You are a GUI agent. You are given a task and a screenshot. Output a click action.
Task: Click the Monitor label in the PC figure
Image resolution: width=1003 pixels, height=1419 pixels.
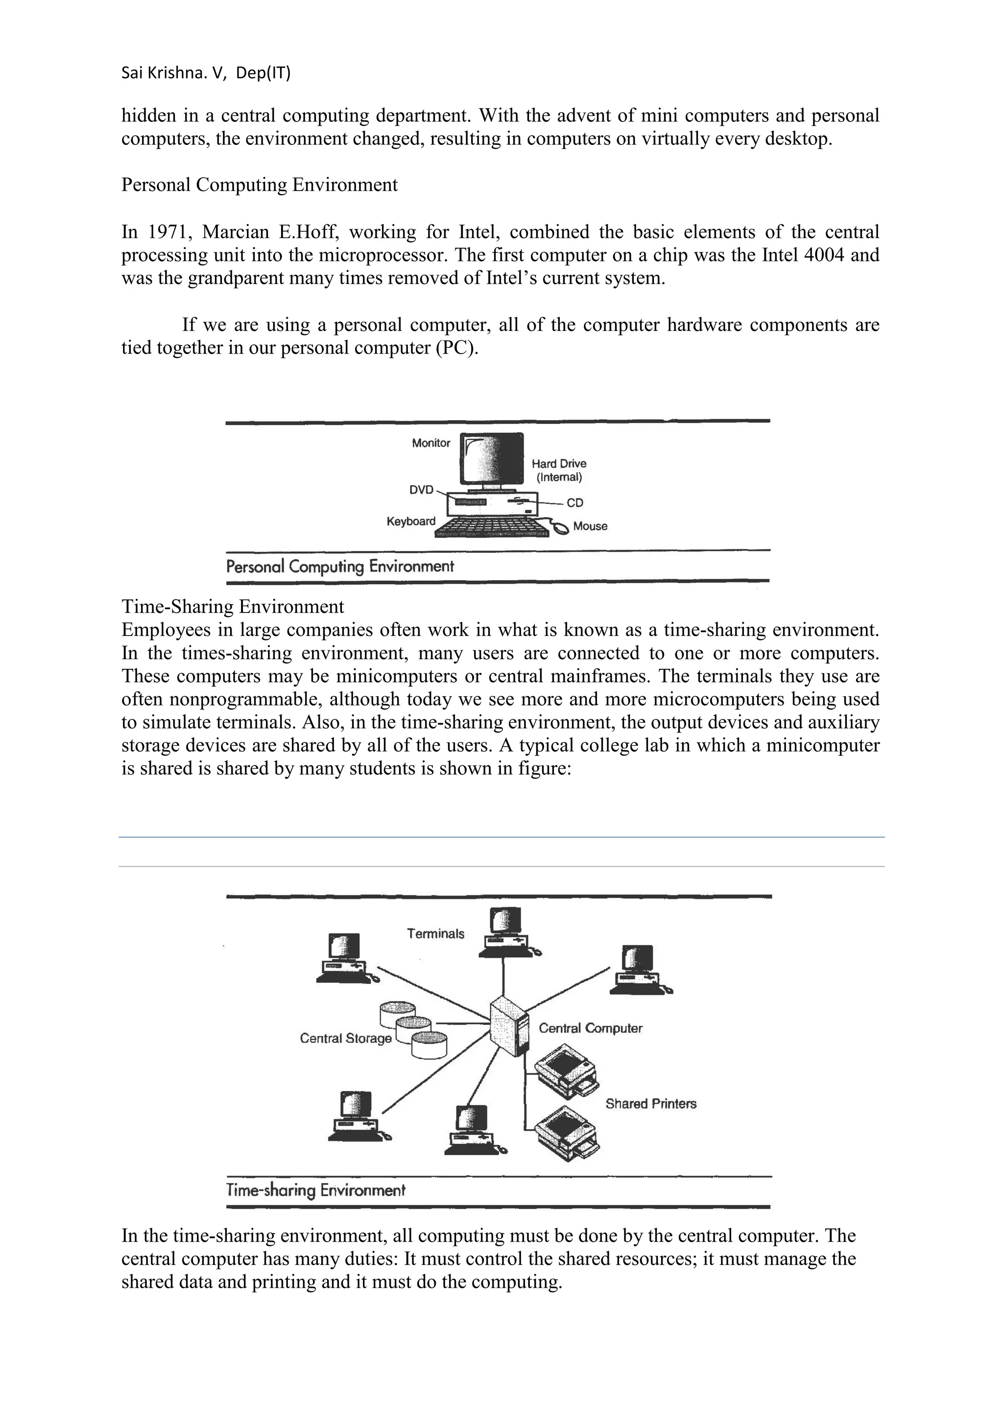[431, 443]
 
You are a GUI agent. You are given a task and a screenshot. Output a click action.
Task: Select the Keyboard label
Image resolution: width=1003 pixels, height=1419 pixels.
[411, 521]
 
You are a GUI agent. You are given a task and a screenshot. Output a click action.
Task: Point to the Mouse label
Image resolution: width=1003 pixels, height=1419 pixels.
[590, 526]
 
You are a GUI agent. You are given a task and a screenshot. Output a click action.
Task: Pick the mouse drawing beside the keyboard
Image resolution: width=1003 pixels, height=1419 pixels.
[561, 528]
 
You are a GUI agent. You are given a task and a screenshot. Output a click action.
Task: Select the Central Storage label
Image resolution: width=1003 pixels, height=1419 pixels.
[345, 1038]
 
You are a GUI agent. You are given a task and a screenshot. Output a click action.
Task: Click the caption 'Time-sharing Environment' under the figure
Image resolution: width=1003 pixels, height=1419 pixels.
[316, 1190]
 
